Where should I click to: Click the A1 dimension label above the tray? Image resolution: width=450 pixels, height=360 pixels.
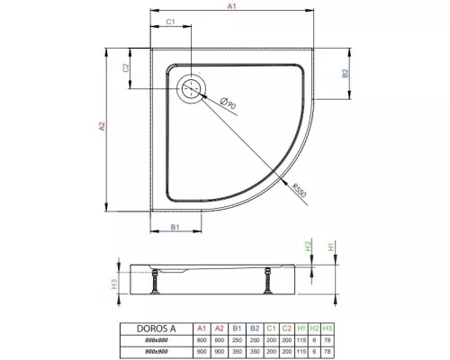pos(230,7)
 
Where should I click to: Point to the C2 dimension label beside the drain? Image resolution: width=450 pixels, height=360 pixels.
pos(127,67)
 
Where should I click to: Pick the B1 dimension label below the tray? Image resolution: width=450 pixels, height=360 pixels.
pos(176,226)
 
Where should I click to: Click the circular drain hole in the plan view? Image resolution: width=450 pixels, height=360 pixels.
pos(192,88)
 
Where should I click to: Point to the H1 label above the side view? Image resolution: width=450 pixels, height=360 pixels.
pos(330,246)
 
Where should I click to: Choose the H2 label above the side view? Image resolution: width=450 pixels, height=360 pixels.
pos(308,246)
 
